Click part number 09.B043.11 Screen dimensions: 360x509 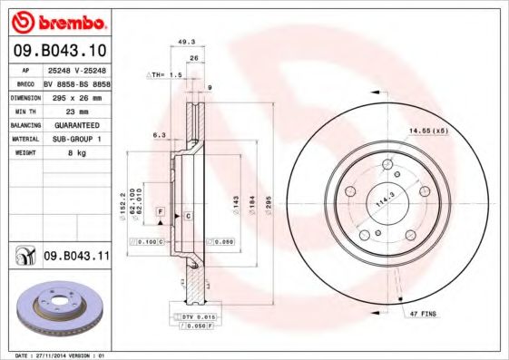click(75, 257)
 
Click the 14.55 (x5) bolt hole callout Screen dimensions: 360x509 click(428, 132)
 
